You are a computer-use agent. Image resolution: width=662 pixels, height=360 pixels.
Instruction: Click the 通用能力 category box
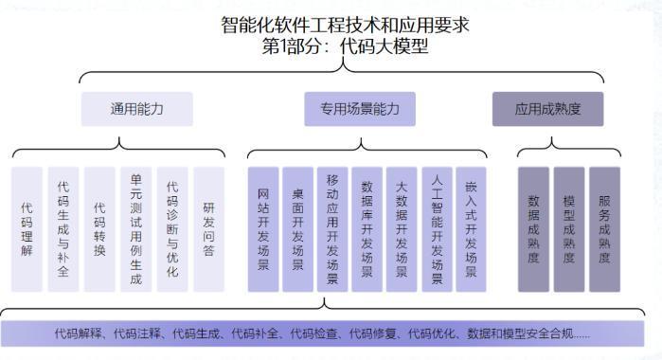[136, 109]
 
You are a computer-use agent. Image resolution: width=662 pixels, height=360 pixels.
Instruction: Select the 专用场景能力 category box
[360, 109]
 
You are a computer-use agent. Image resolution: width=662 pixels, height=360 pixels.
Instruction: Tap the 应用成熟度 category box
[547, 109]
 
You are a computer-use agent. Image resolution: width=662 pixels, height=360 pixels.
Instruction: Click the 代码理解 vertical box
[27, 229]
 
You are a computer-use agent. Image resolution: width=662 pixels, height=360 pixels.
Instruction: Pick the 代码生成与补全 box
[63, 229]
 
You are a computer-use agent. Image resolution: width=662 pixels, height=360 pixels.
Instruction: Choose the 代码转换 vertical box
[99, 229]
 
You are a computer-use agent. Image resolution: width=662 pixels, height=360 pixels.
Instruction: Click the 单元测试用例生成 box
[135, 229]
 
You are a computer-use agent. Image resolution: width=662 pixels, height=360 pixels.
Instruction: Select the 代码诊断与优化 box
[171, 229]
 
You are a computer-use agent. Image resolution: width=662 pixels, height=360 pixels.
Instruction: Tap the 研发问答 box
[208, 229]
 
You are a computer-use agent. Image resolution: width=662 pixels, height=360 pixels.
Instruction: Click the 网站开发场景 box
[263, 229]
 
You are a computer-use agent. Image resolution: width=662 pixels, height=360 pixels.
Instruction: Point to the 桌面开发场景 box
[297, 229]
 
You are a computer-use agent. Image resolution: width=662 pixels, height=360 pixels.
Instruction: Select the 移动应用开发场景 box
[332, 229]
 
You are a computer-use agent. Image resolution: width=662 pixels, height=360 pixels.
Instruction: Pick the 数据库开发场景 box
[367, 229]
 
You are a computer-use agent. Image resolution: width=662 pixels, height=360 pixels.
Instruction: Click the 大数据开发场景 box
[402, 229]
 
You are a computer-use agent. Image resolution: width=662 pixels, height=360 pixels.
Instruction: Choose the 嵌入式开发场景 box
[471, 229]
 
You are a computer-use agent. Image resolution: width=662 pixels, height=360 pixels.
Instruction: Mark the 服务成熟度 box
[604, 229]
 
